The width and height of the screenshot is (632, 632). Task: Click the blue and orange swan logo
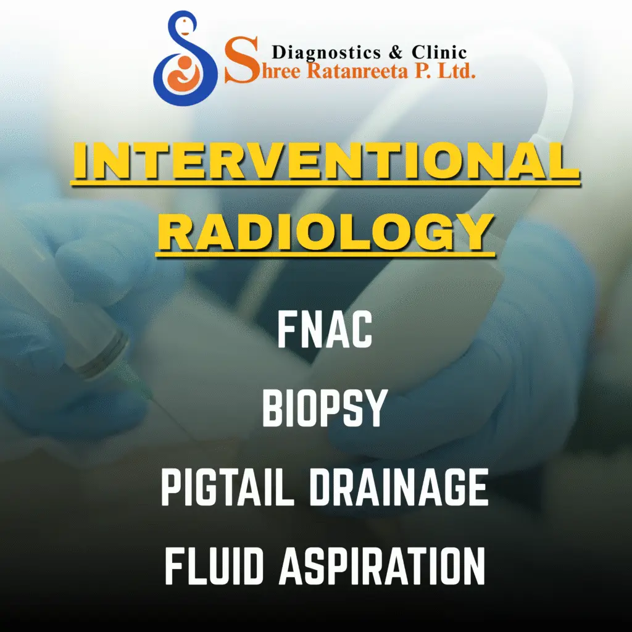pos(185,59)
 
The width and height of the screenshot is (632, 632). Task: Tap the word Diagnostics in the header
pos(326,53)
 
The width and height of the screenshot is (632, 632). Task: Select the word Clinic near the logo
pos(439,52)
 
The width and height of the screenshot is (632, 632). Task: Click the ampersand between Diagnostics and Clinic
pos(396,52)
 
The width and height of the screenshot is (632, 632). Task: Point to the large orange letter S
pos(241,60)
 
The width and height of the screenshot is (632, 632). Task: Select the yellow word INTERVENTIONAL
pos(326,162)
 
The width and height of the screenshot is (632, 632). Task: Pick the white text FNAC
pos(325,331)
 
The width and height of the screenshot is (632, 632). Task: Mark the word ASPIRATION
pos(382,567)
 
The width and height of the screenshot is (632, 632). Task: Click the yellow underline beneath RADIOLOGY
pos(325,255)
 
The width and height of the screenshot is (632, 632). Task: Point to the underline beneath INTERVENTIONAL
pos(326,183)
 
